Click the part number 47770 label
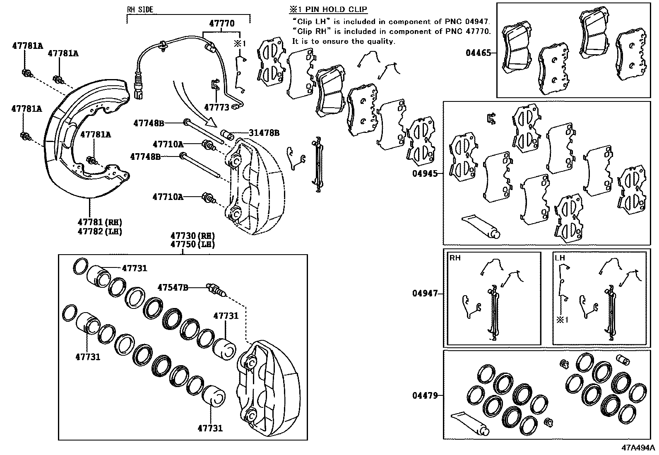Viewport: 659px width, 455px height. (x=221, y=24)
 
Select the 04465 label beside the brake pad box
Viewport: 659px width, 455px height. (x=478, y=53)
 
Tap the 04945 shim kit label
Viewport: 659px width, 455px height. (x=424, y=174)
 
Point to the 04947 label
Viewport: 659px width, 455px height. (x=424, y=294)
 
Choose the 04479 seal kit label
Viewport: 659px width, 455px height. (x=424, y=395)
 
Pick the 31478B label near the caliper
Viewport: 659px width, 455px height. (x=264, y=133)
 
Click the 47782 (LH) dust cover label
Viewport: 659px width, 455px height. (x=100, y=231)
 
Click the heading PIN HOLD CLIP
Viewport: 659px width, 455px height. (x=332, y=10)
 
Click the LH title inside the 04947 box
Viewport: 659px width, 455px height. (x=560, y=258)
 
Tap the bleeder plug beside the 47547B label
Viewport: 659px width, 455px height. (x=216, y=290)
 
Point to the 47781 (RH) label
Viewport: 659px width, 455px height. (x=100, y=222)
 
